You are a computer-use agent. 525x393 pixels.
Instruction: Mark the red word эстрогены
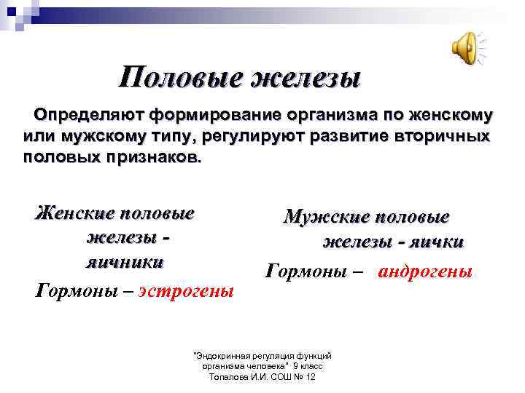[x=187, y=290]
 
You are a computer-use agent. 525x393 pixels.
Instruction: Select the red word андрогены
[x=425, y=271]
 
